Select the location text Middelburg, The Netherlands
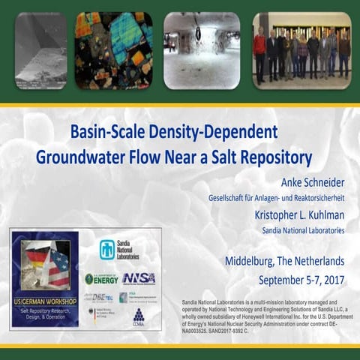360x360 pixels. [x=285, y=262]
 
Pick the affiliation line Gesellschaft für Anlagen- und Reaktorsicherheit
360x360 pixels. [x=276, y=198]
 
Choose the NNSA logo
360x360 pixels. [x=139, y=278]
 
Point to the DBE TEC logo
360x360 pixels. [x=102, y=297]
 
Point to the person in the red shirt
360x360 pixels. [x=260, y=55]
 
